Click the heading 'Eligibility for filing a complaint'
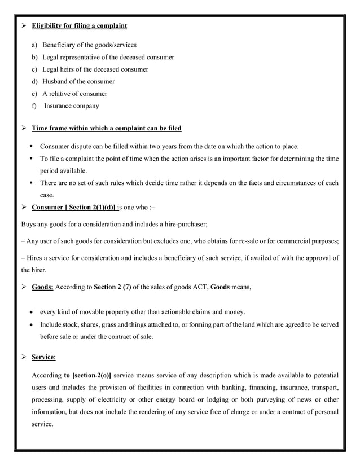(79, 25)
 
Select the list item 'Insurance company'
(71, 106)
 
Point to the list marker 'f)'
(34, 106)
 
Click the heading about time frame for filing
(106, 128)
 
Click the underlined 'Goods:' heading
(42, 287)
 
